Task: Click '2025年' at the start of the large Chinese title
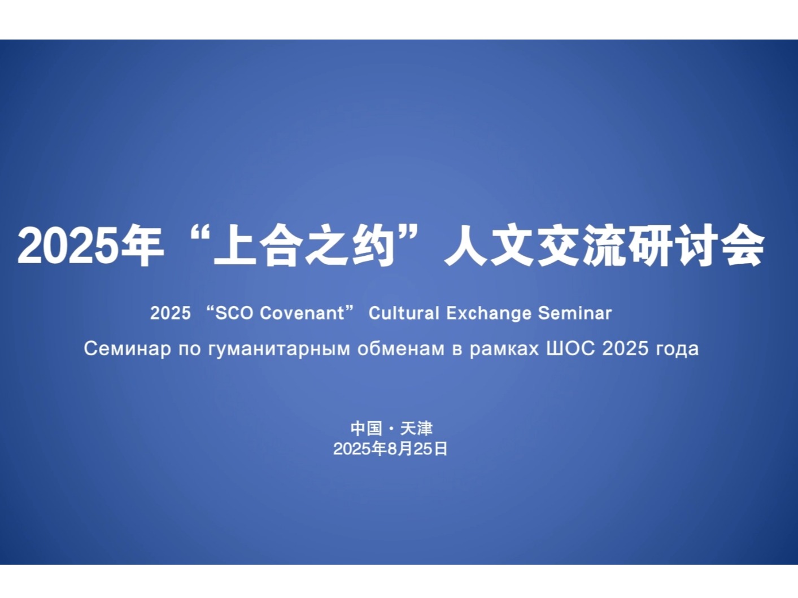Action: pyautogui.click(x=90, y=246)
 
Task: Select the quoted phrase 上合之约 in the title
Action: pyautogui.click(x=304, y=246)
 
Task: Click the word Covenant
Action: pyautogui.click(x=302, y=313)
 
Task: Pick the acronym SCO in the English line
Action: pyautogui.click(x=234, y=313)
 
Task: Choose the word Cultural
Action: pyautogui.click(x=404, y=313)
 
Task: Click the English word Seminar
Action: pyautogui.click(x=575, y=313)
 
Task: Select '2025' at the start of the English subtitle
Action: pyautogui.click(x=170, y=313)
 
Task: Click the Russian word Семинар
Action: pyautogui.click(x=127, y=348)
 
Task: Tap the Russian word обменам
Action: pyautogui.click(x=401, y=348)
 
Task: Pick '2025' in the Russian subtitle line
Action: pyautogui.click(x=625, y=348)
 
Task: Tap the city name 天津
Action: pyautogui.click(x=416, y=429)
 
